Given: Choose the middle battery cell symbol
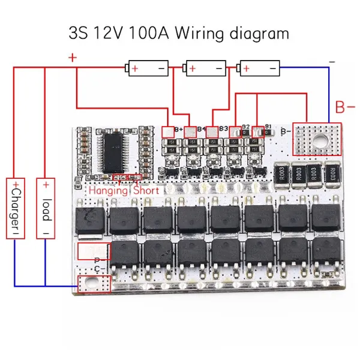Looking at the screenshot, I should click(x=206, y=69).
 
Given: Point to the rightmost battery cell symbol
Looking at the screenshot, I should click(x=260, y=69).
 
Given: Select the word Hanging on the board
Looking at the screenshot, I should click(x=109, y=190).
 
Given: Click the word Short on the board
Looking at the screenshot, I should click(x=146, y=190).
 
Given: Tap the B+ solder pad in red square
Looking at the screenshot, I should click(x=168, y=130).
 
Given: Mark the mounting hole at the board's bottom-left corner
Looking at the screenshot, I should click(x=92, y=282).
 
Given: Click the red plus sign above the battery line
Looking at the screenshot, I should click(x=73, y=58).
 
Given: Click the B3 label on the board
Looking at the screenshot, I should click(x=223, y=128).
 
